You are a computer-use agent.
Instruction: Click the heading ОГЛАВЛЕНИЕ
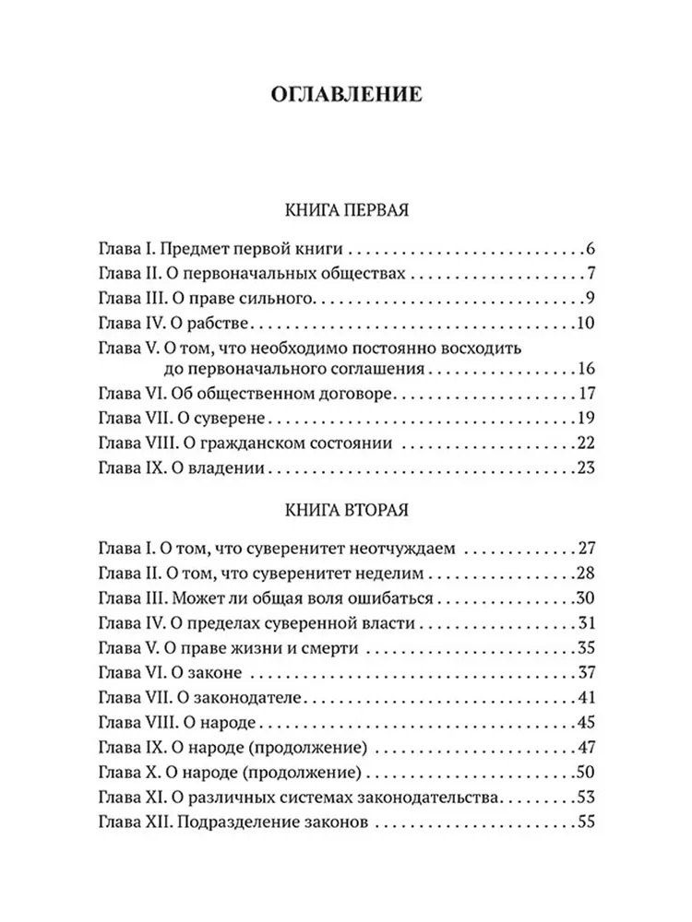346,94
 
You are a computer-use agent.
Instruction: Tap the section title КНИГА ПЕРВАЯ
346,210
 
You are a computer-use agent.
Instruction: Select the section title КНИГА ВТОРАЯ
346,509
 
